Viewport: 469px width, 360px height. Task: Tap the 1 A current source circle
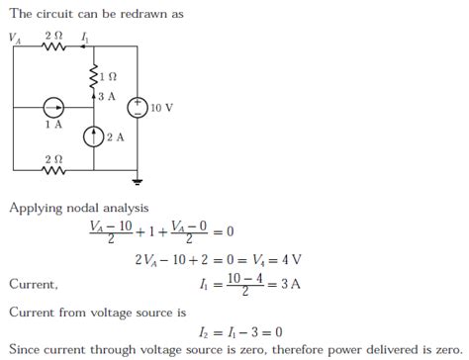[52, 107]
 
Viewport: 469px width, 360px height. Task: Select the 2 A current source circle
[95, 136]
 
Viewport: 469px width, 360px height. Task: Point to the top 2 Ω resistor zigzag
[52, 45]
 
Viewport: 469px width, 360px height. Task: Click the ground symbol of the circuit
[137, 182]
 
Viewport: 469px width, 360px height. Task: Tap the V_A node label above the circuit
[15, 37]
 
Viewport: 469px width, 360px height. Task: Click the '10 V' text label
[161, 108]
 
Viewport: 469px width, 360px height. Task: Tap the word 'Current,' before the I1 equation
[34, 285]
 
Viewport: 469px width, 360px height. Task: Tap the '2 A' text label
[116, 136]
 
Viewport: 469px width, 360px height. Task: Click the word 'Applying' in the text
[35, 208]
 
